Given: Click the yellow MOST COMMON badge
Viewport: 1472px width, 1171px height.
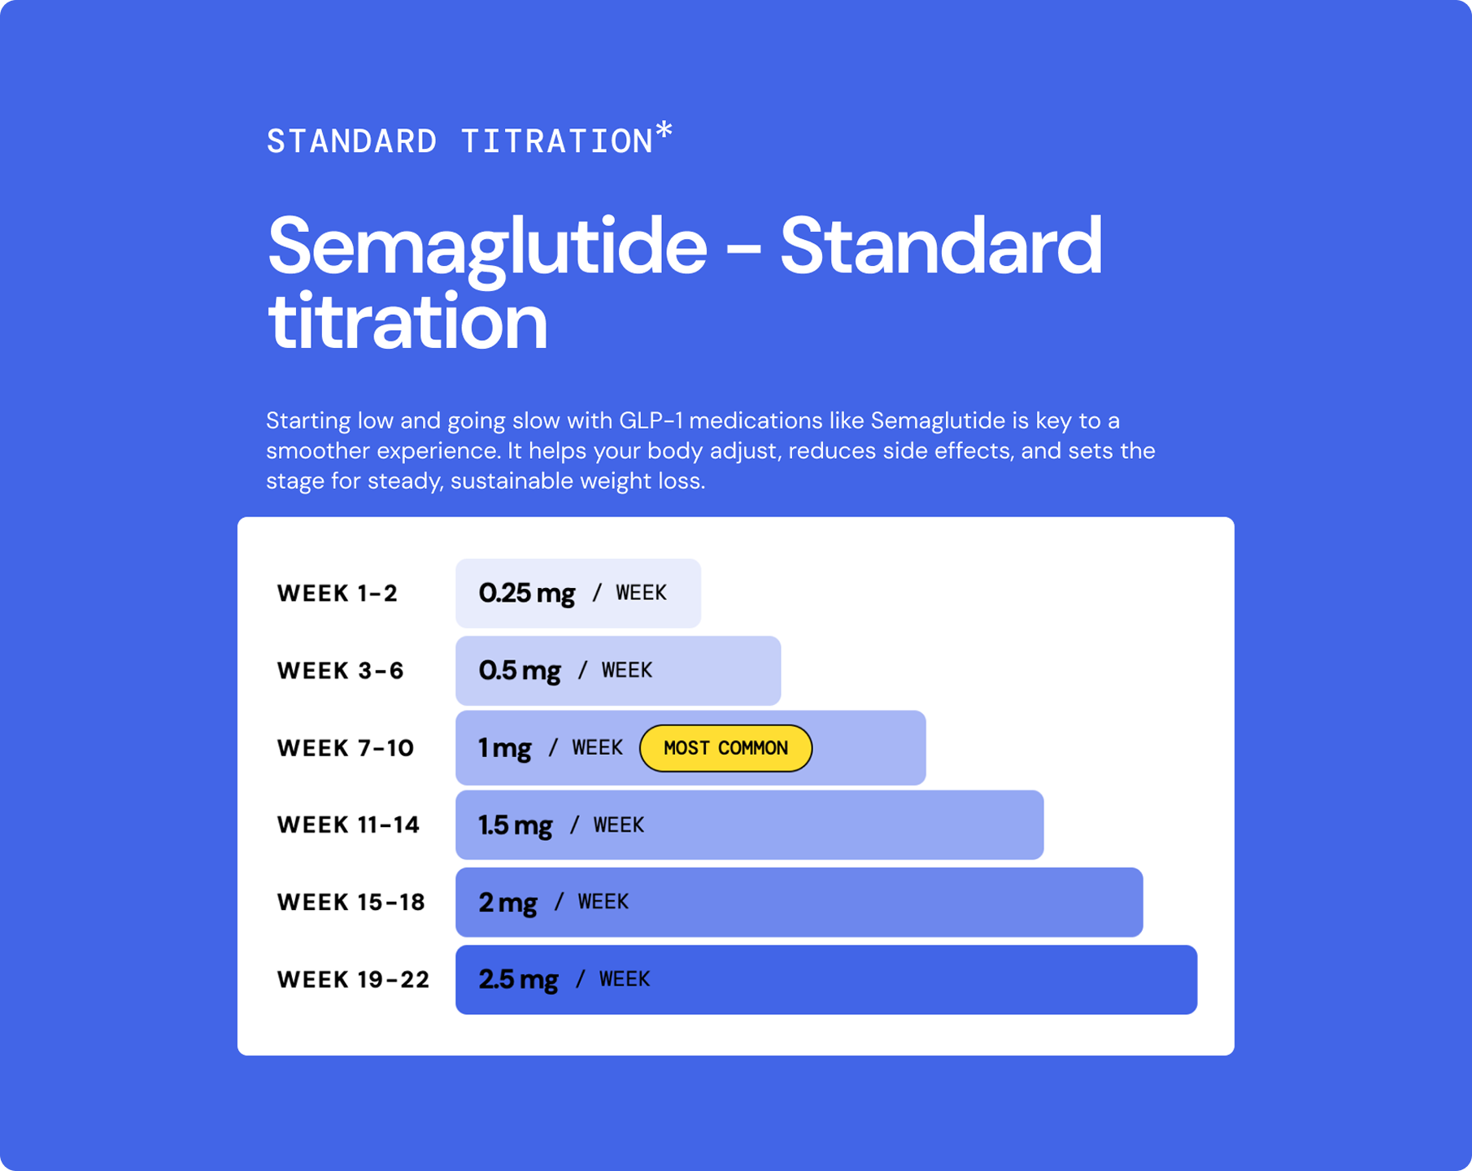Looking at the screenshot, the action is coord(725,748).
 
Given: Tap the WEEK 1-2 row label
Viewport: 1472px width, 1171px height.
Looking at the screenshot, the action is coord(338,594).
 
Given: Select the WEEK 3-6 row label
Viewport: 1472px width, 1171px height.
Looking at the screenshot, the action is coord(341,671).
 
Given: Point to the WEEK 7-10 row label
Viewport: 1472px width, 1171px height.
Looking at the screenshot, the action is coord(346,748).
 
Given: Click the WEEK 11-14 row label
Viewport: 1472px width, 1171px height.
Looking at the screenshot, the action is coord(348,825).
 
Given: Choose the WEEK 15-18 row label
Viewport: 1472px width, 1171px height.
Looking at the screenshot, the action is coord(351,903).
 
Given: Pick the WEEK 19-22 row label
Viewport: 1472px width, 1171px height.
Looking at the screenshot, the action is coord(353,980).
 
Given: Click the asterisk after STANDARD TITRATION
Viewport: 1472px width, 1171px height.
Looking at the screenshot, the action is coord(664,130).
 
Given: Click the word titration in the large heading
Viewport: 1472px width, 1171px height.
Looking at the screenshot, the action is coord(407,322).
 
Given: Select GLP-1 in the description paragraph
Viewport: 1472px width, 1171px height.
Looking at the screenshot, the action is coord(651,421).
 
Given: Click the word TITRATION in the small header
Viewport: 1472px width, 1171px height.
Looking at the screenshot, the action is coord(557,142).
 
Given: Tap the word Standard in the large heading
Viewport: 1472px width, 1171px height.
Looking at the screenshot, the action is coord(941,246).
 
